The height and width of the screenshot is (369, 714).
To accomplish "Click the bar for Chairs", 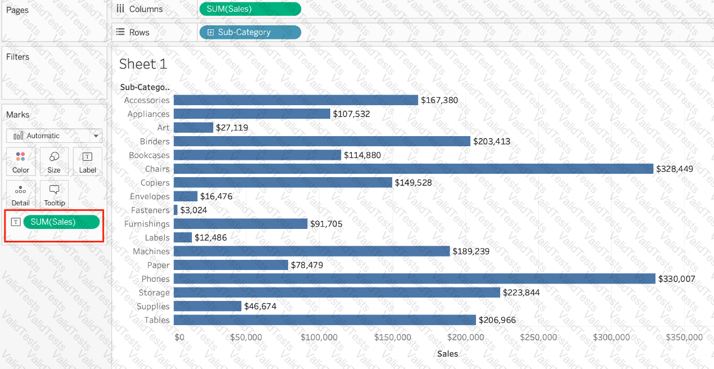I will tap(413, 169).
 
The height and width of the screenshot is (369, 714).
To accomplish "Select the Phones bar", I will tap(414, 278).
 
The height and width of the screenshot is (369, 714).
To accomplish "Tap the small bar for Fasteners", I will tap(176, 210).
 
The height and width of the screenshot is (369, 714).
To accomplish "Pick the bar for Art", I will tap(193, 128).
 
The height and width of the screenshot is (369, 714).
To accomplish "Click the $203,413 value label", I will tap(492, 142).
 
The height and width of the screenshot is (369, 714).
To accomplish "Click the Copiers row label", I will tap(155, 183).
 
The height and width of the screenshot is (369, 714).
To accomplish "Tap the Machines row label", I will tap(151, 251).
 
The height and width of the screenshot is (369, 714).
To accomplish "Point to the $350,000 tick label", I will tap(684, 337).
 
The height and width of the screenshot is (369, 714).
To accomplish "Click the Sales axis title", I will tap(447, 354).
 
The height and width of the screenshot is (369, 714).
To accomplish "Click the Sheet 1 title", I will tap(143, 64).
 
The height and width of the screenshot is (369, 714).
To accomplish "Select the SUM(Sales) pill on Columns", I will tap(250, 9).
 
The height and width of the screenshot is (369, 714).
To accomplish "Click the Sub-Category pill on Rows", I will tap(250, 32).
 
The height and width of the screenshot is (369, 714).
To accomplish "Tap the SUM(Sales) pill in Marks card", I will tap(61, 222).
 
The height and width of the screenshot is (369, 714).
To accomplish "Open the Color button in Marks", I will tap(21, 162).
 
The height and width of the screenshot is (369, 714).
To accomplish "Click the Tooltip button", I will tap(55, 195).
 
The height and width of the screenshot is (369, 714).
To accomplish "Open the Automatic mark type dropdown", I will tap(54, 136).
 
